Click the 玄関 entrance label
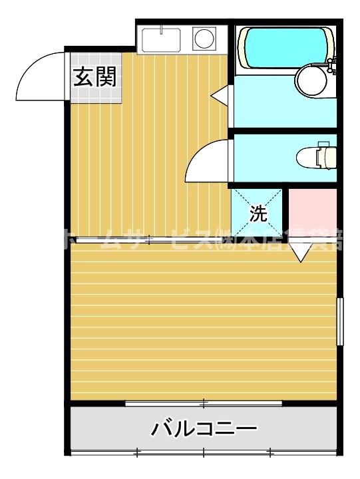click(x=94, y=77)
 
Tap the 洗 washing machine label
click(x=257, y=213)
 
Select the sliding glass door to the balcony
click(x=203, y=402)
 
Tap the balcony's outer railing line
click(x=203, y=453)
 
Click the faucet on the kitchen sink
click(x=162, y=30)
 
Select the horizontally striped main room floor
click(x=200, y=319)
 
